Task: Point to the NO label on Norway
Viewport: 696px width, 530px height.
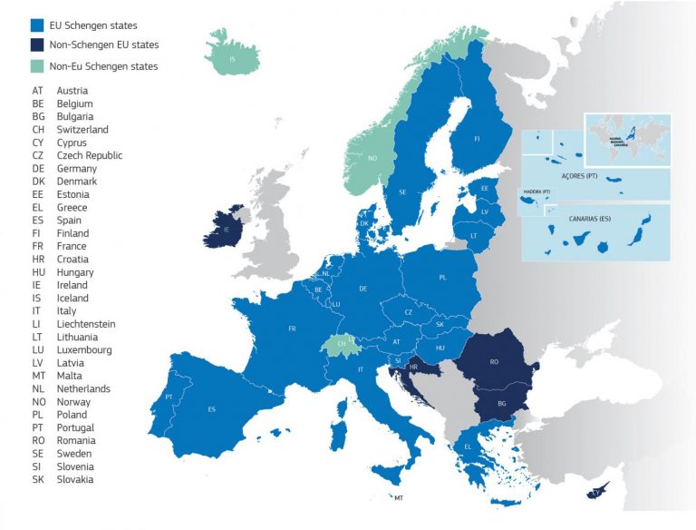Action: click(x=372, y=158)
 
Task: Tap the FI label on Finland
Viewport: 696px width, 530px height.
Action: click(x=478, y=140)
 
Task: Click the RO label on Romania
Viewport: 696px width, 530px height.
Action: click(x=494, y=361)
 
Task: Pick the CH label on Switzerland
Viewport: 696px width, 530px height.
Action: click(x=341, y=345)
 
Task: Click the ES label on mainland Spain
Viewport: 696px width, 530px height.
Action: click(x=211, y=409)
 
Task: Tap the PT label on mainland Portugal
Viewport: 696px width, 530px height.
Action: click(x=169, y=397)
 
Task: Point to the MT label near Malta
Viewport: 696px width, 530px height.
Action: click(x=398, y=498)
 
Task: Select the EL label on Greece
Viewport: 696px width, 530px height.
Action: click(x=468, y=447)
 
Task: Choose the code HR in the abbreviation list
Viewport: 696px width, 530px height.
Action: click(x=38, y=260)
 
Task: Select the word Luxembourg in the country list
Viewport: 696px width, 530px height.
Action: click(x=84, y=350)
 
